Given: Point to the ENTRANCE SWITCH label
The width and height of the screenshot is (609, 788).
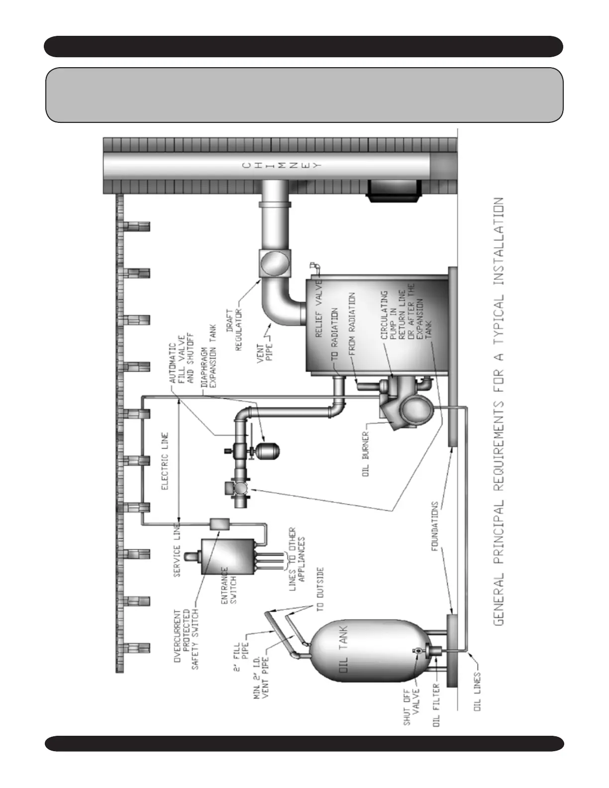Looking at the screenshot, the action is (228, 587).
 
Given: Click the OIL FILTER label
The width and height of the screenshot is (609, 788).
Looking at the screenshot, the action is (437, 705).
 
